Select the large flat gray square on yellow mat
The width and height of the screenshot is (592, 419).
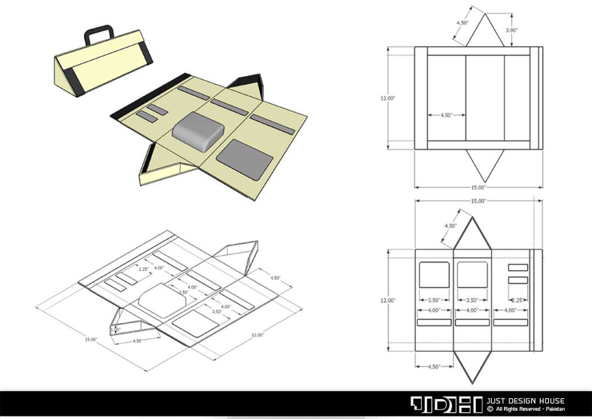coord(245,159)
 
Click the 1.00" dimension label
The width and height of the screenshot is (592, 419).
coord(116,330)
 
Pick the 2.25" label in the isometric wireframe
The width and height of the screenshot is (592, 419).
coord(144,269)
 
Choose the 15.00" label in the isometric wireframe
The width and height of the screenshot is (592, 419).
coord(91,339)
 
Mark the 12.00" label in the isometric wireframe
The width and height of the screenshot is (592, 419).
coord(257,335)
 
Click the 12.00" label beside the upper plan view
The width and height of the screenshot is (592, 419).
coord(388,98)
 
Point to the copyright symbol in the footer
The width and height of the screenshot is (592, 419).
coord(490,409)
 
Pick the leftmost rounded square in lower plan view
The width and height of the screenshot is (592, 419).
coord(434,275)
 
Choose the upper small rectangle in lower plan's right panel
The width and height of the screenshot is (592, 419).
coord(518,268)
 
